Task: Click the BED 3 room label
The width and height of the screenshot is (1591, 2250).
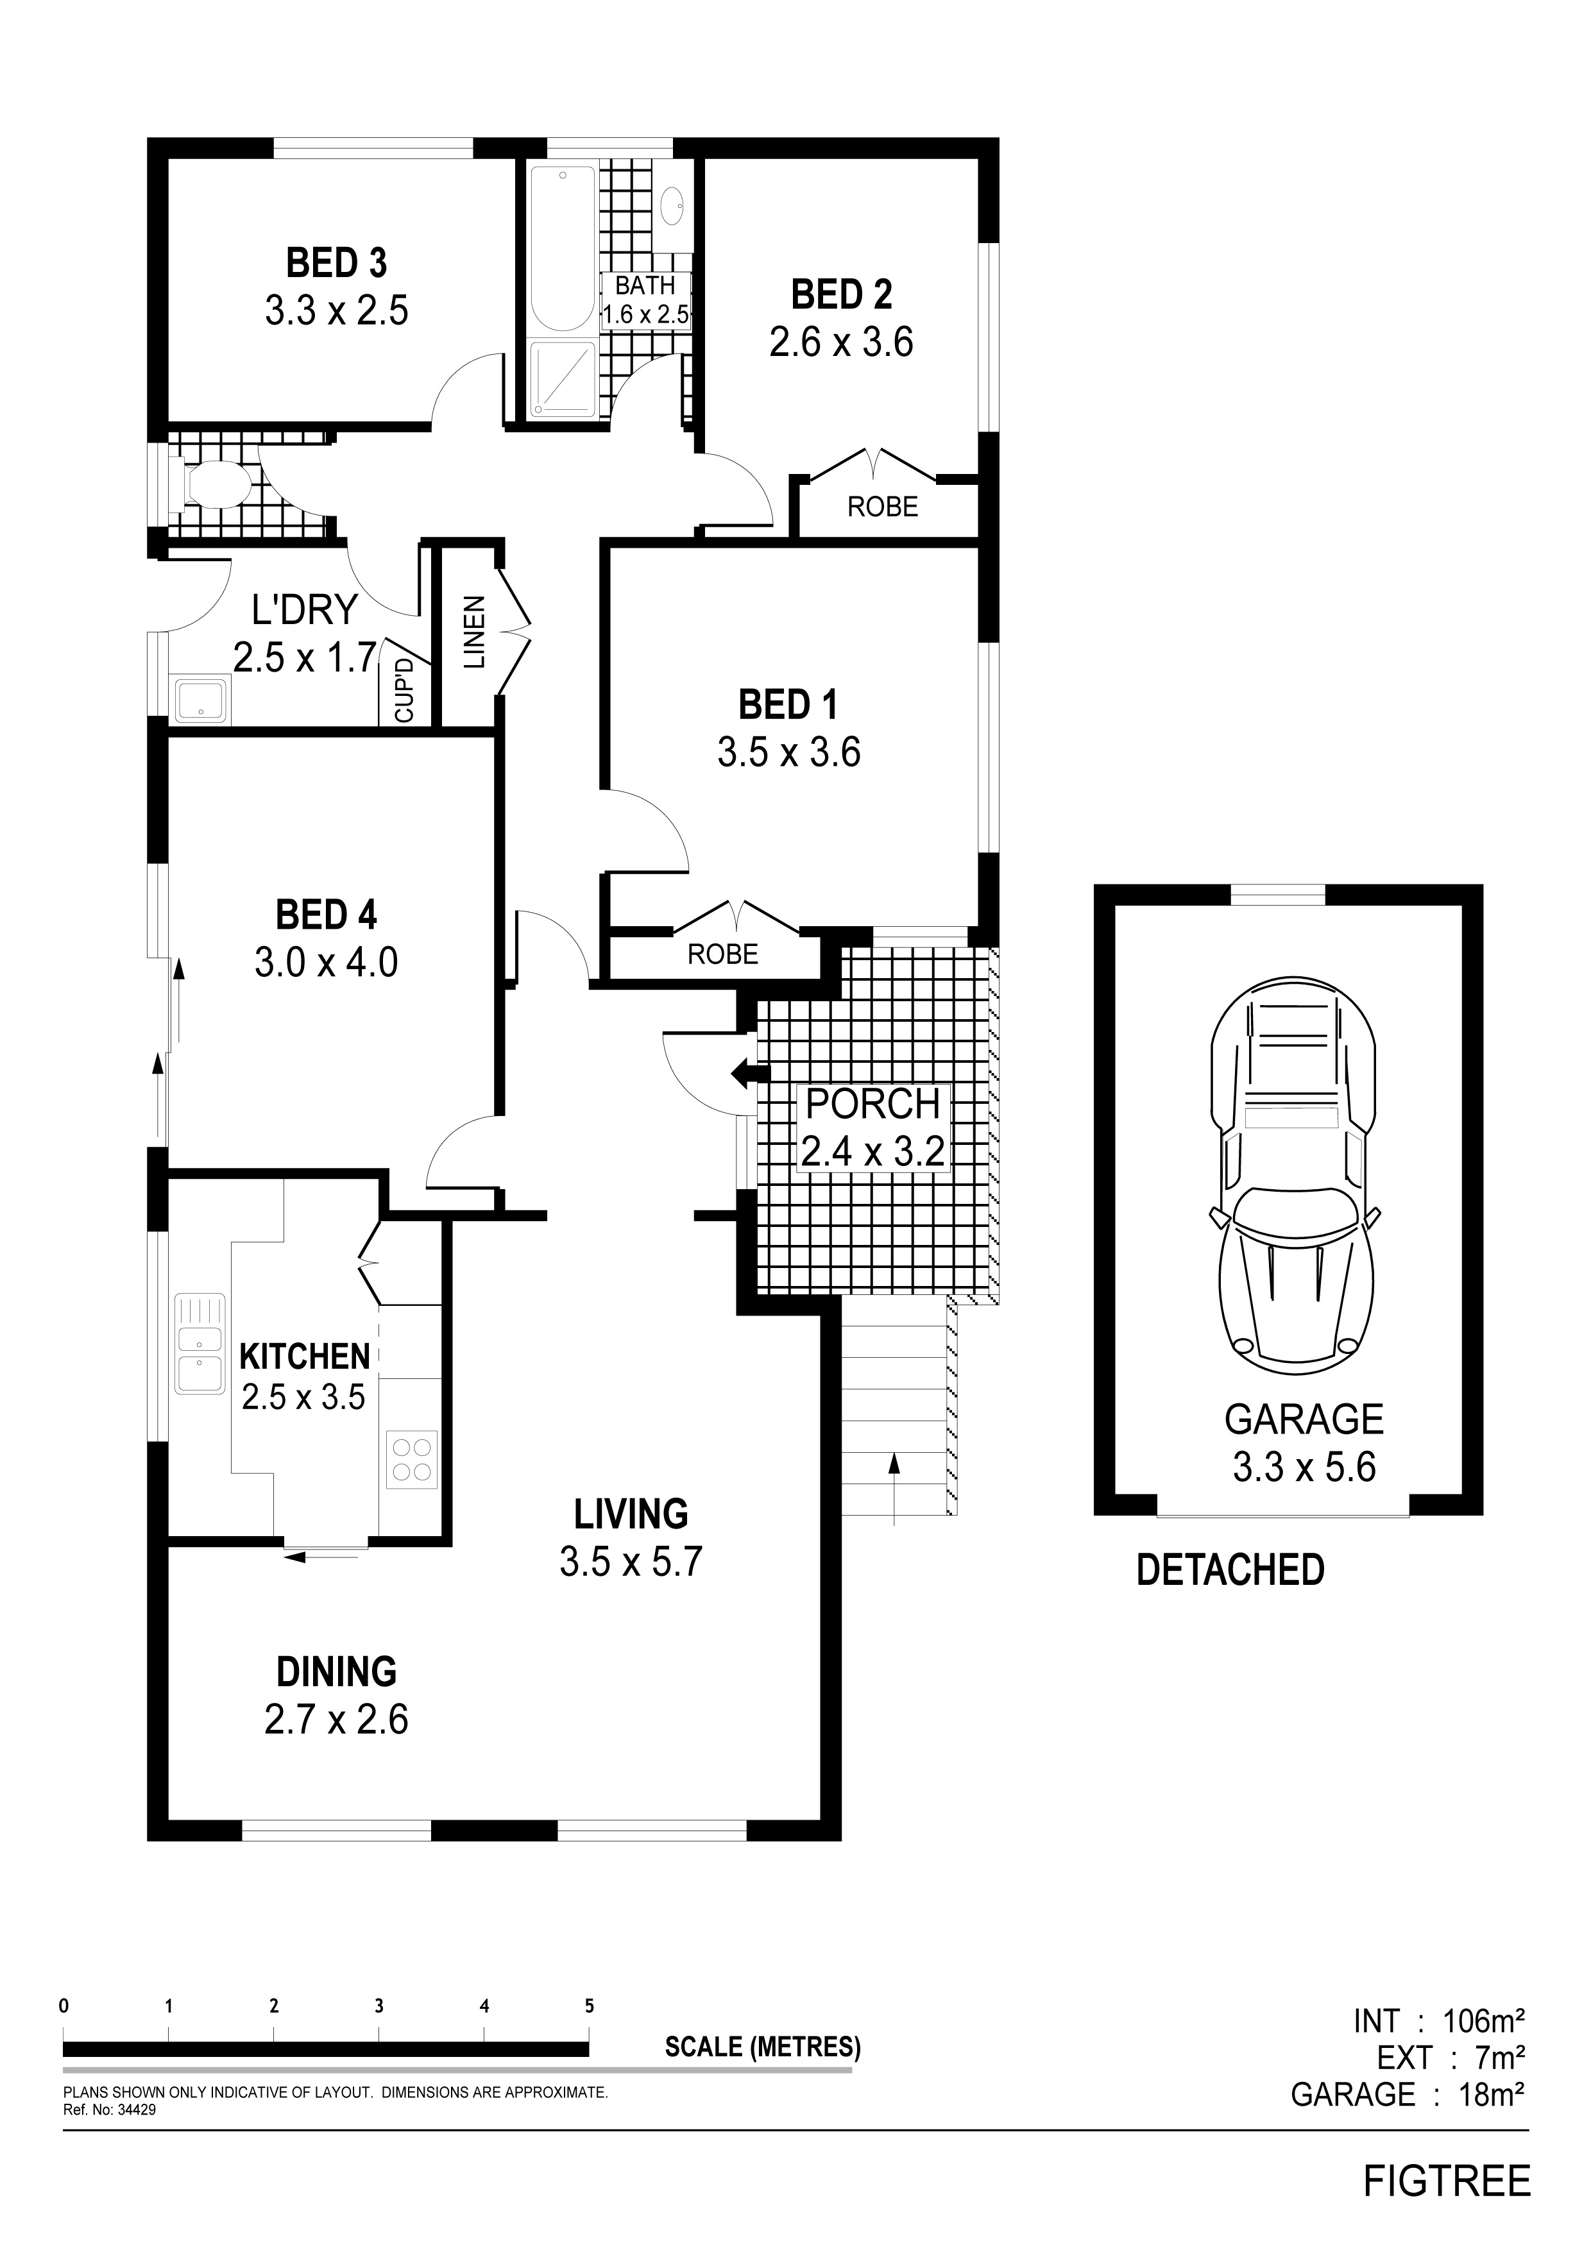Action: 336,264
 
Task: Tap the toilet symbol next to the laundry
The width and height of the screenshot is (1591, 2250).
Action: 210,485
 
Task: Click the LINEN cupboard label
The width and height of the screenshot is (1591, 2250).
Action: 473,632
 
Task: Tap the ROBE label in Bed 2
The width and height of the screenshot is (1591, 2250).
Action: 882,507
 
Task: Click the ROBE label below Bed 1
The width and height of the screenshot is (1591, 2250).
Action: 722,954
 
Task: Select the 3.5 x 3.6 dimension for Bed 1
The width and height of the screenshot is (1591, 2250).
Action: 788,752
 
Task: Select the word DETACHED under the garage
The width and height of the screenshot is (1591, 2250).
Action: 1229,1570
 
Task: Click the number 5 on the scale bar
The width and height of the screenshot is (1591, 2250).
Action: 589,2006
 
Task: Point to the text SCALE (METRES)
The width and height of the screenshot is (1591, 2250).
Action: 763,2047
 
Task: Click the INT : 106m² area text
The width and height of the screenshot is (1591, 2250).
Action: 1438,2020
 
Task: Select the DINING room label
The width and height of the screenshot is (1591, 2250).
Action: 336,1672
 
